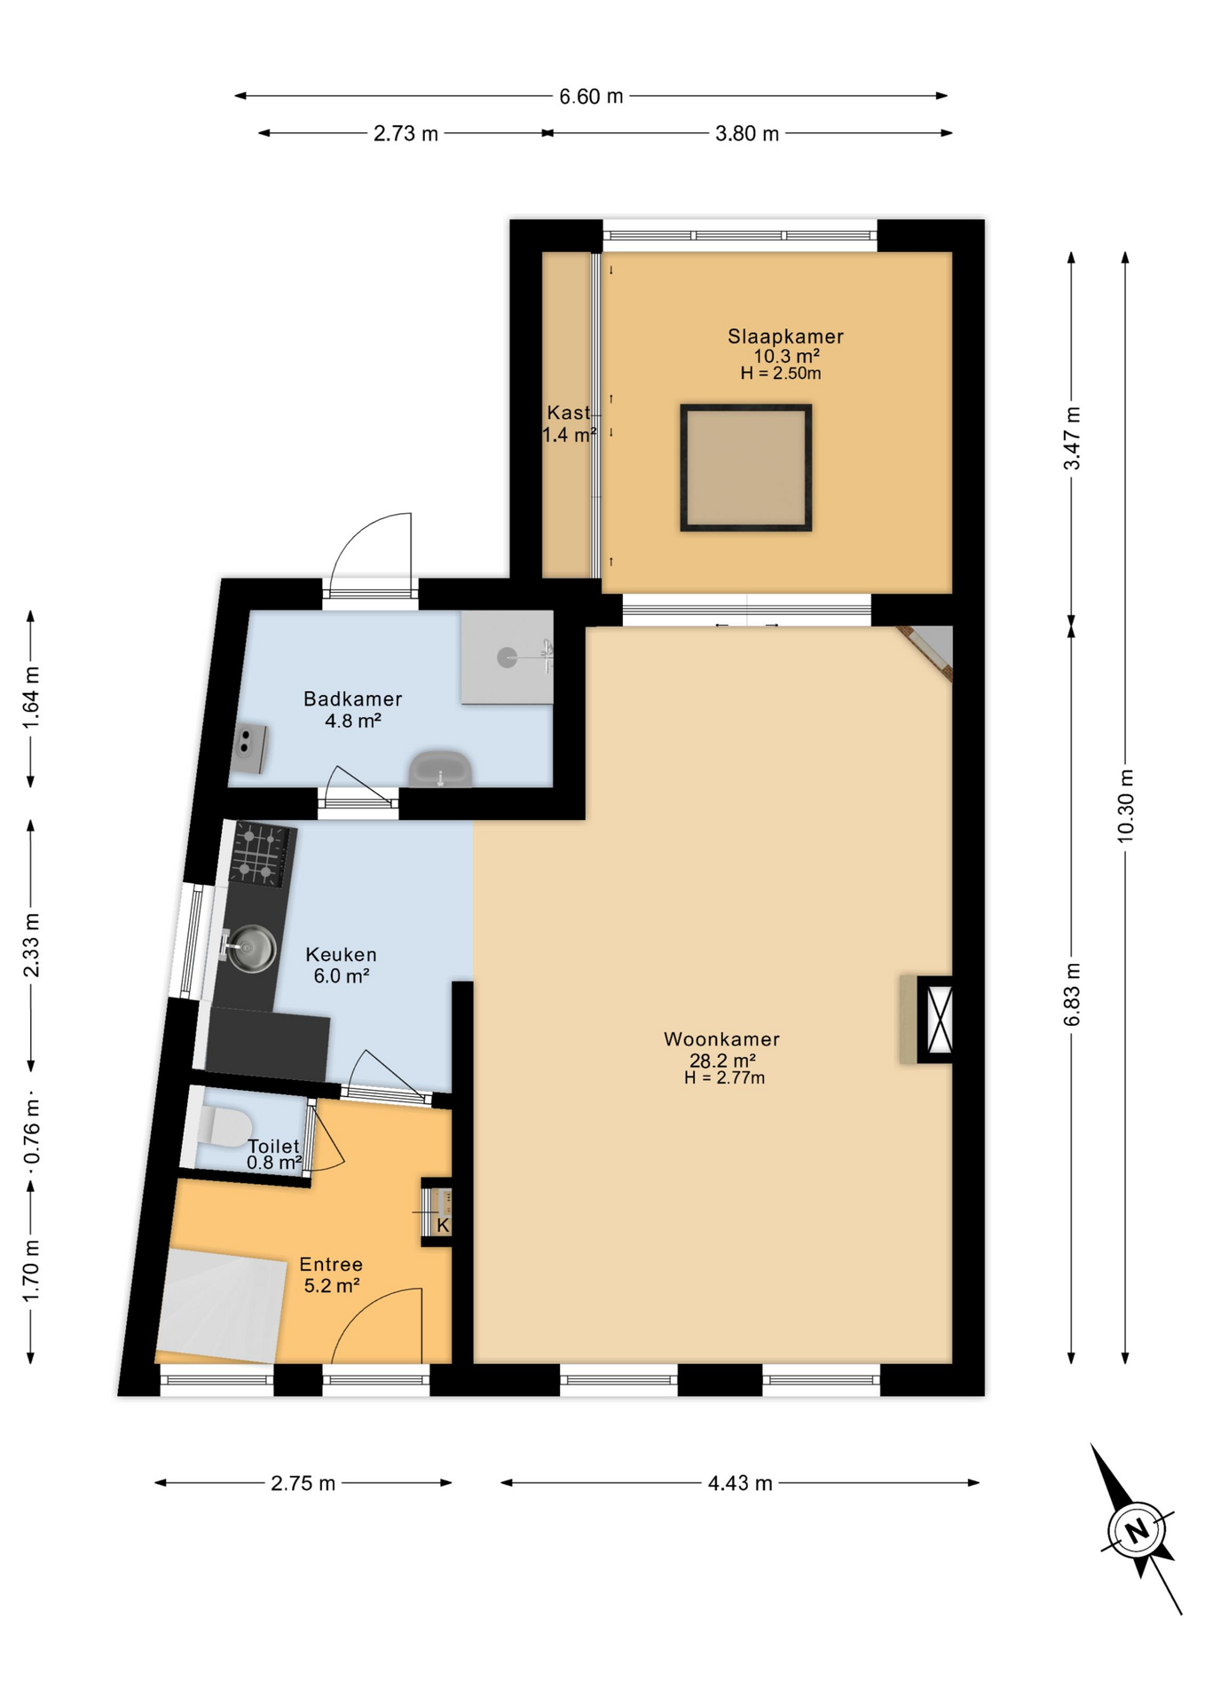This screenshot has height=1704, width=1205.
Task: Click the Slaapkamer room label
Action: click(x=784, y=336)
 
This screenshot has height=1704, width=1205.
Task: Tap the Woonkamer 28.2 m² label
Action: click(x=721, y=1049)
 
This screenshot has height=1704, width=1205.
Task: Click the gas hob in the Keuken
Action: click(x=261, y=854)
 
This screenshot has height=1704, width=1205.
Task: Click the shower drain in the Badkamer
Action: click(x=507, y=658)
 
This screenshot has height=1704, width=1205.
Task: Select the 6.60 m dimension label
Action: click(x=590, y=96)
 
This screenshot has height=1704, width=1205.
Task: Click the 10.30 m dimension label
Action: click(x=1125, y=806)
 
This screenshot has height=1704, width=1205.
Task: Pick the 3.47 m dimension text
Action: click(x=1072, y=438)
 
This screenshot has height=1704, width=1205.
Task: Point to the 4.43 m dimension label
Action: click(x=739, y=1483)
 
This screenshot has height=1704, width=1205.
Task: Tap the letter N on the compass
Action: click(x=1136, y=1530)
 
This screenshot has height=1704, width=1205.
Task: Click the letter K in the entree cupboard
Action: click(x=443, y=1226)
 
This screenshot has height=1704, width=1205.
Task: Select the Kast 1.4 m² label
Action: click(x=568, y=423)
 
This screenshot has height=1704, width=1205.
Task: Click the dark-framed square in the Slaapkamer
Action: click(x=745, y=468)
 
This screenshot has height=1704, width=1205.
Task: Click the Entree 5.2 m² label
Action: click(x=331, y=1274)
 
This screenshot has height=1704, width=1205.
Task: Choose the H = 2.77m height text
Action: click(x=724, y=1078)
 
